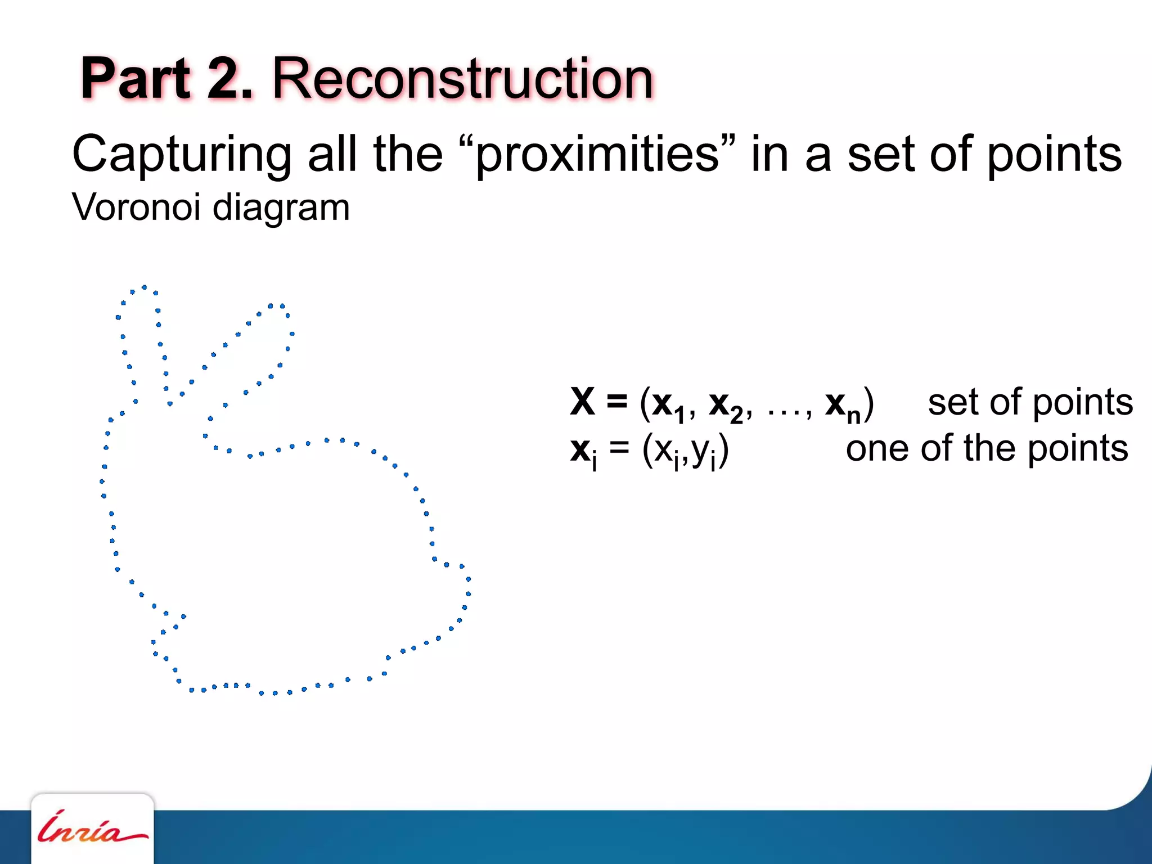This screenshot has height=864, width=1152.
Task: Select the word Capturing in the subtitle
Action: [182, 155]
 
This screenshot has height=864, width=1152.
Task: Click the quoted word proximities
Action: [597, 155]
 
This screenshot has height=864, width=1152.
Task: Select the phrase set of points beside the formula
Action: [1030, 403]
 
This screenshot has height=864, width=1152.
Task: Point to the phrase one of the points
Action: [987, 449]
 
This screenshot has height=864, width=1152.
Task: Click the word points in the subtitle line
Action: [1054, 155]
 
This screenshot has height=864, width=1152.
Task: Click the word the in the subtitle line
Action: [408, 155]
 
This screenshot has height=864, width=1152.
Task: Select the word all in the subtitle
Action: [332, 155]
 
